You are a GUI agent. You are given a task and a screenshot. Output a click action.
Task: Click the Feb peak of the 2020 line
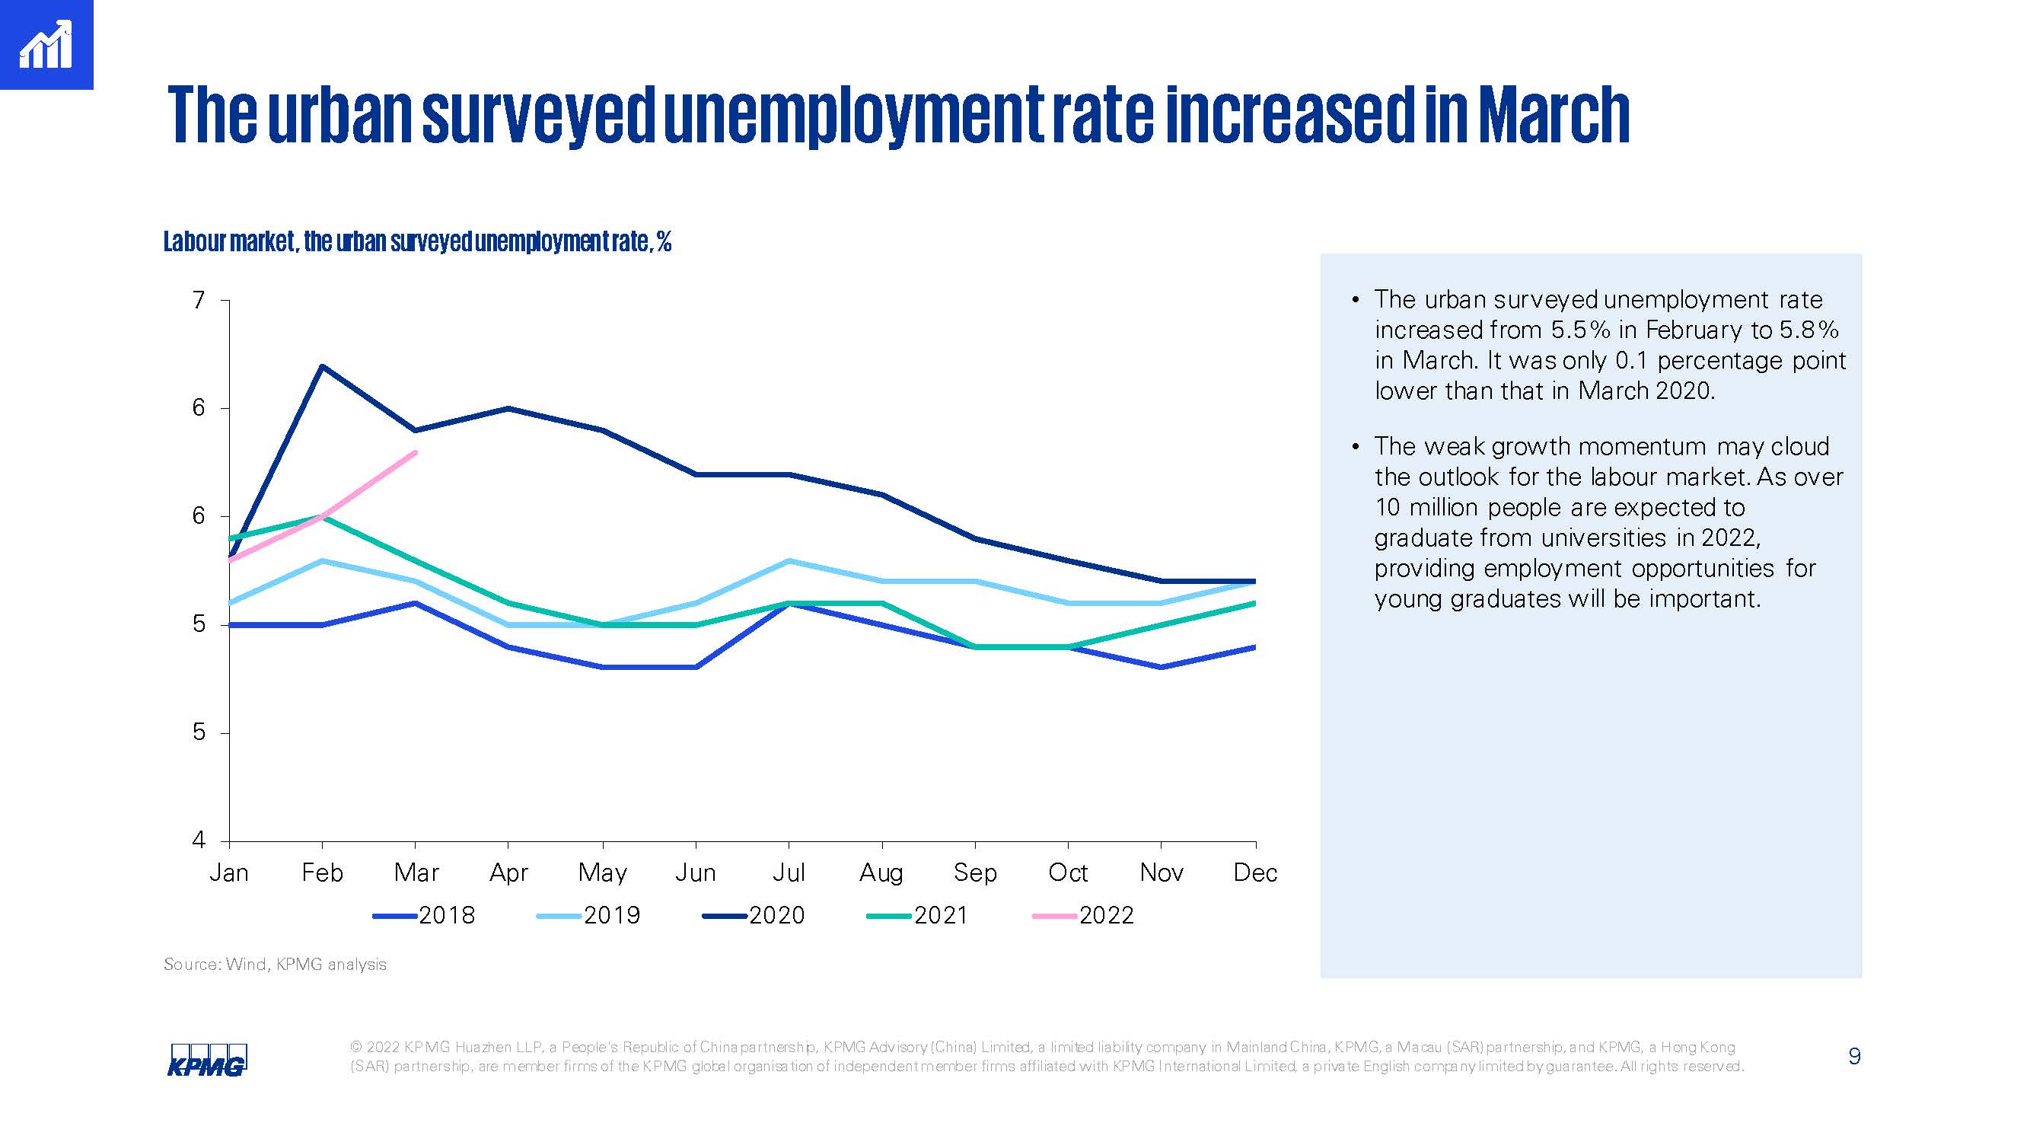click(x=321, y=365)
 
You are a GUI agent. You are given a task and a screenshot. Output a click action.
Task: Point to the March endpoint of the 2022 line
click(x=416, y=452)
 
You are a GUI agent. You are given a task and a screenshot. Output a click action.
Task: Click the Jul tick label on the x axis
click(x=788, y=872)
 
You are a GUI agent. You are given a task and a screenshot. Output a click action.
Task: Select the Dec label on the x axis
click(x=1254, y=872)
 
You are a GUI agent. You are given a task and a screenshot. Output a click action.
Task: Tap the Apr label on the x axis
click(x=508, y=872)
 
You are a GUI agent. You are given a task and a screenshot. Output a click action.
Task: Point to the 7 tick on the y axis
click(x=199, y=300)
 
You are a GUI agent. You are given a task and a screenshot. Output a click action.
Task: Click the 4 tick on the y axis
click(x=199, y=841)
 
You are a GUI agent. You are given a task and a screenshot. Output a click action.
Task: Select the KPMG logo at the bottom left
click(x=207, y=1060)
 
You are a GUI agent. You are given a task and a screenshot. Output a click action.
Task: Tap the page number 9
click(x=1854, y=1056)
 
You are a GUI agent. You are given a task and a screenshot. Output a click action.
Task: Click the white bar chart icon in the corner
click(x=46, y=45)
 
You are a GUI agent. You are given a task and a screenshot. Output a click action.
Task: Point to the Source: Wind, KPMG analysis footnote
click(x=275, y=964)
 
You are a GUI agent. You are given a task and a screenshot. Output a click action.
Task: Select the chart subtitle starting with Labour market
click(x=417, y=241)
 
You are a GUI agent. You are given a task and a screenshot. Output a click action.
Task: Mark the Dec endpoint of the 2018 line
click(x=1254, y=647)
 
